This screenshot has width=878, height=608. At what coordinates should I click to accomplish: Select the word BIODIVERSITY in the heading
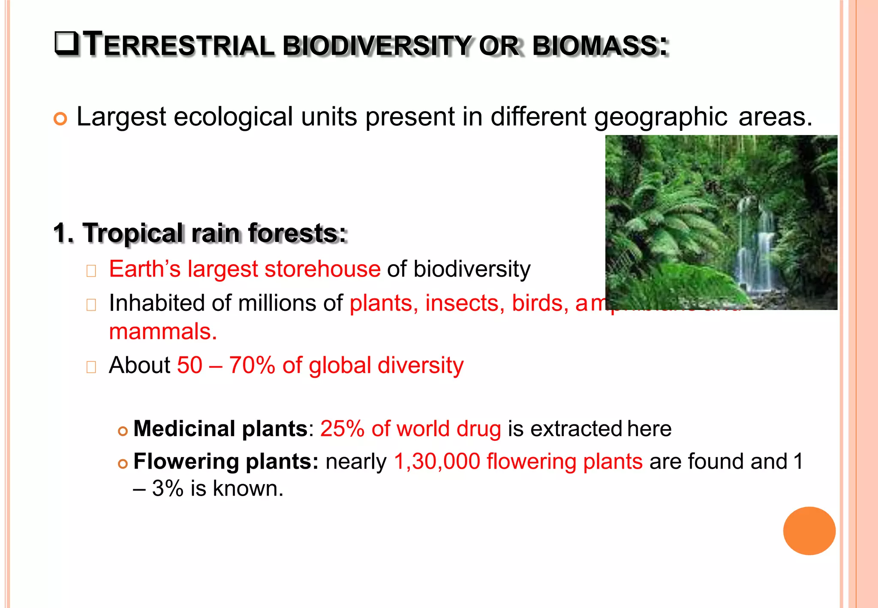click(x=377, y=46)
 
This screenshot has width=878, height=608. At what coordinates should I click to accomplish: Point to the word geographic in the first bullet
click(x=660, y=117)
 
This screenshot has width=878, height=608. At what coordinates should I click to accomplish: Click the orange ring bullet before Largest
click(x=60, y=119)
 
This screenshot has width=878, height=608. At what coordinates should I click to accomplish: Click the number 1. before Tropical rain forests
click(x=64, y=234)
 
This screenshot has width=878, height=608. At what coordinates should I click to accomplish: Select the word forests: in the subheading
click(x=297, y=234)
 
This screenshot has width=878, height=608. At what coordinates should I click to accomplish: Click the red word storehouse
click(x=322, y=269)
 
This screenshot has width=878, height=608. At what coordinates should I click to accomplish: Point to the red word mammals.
click(x=163, y=332)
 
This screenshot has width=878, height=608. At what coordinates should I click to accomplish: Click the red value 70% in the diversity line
click(x=252, y=365)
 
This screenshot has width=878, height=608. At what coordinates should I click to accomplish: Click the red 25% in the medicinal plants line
click(x=342, y=428)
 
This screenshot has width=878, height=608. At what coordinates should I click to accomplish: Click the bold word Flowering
click(x=186, y=461)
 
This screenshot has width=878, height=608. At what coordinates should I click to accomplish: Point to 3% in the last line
click(x=168, y=488)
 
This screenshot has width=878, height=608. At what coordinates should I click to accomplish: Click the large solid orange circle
click(x=809, y=531)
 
